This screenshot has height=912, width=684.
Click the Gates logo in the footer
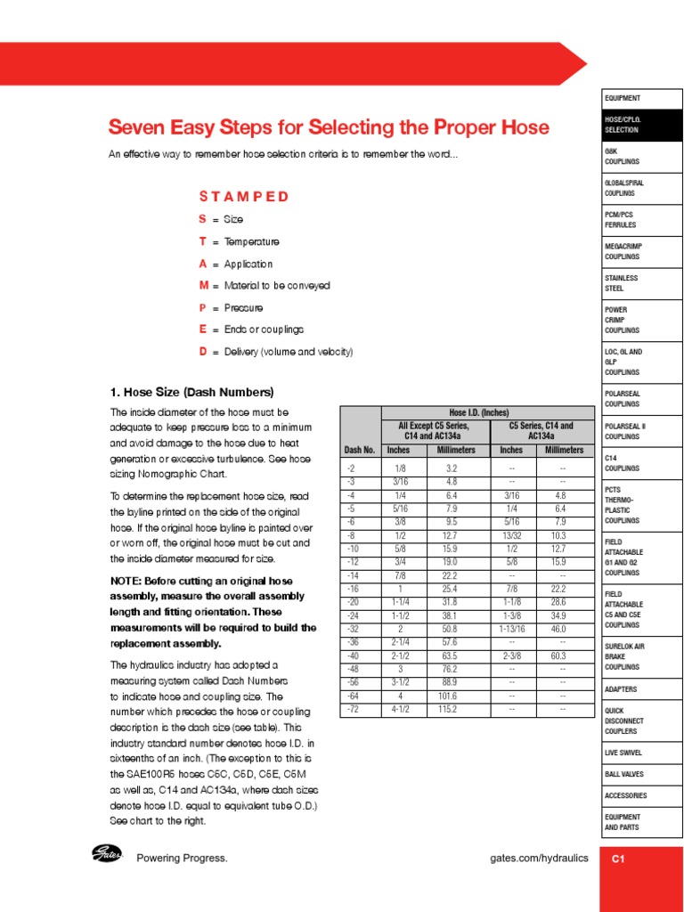coord(107,855)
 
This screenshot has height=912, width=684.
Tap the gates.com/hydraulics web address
coord(539,858)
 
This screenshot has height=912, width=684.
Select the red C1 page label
coord(619,859)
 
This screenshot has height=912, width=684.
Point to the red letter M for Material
coord(203,286)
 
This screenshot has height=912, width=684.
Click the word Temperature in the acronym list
coord(251,241)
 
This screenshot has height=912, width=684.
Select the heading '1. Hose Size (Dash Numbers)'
coord(191,392)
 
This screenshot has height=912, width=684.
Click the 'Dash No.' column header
coord(360,450)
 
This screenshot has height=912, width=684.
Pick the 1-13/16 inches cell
coord(511,628)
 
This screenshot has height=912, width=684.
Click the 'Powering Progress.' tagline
coord(182,858)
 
